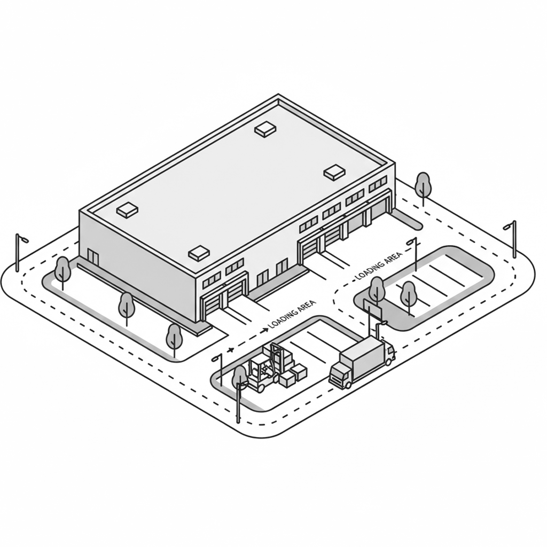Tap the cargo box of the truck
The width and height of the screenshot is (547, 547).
(363, 355)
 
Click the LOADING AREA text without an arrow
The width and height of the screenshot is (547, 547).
(379, 265)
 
